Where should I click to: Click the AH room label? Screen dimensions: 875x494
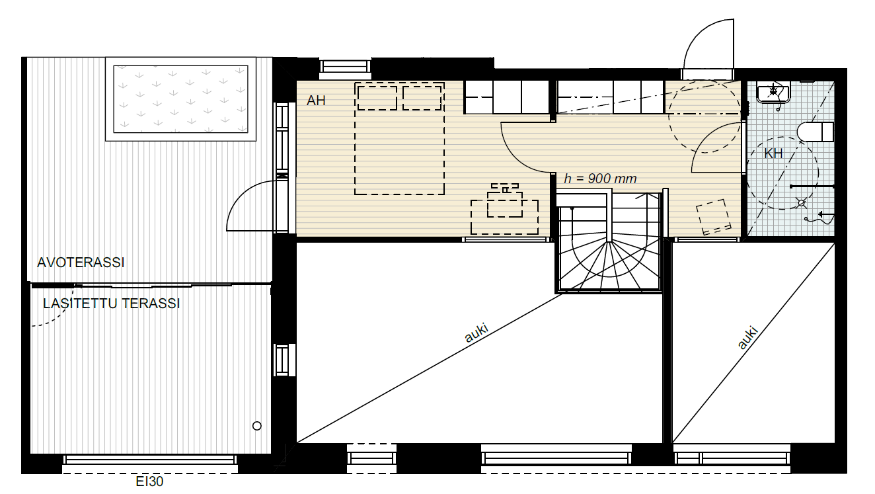point(316,101)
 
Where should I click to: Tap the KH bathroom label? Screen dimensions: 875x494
point(773,153)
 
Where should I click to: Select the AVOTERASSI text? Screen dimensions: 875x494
point(81,263)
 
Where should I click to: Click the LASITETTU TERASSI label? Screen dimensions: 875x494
point(111,304)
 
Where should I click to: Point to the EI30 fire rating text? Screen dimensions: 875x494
point(149,481)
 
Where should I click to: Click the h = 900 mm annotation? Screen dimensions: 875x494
point(600,179)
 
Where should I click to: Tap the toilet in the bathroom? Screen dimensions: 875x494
point(816,132)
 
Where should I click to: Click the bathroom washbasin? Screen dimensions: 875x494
point(773,92)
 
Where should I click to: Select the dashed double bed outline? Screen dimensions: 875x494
point(399,138)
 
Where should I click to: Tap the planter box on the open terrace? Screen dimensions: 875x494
point(180,99)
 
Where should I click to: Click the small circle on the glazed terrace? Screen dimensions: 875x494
point(256,426)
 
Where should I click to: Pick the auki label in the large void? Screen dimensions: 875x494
point(476,333)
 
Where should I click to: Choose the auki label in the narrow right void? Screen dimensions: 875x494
point(747,337)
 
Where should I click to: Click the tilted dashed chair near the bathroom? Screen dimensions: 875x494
point(714,217)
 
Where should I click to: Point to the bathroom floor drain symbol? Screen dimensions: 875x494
point(801,203)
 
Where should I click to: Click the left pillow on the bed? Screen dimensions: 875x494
point(377,98)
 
